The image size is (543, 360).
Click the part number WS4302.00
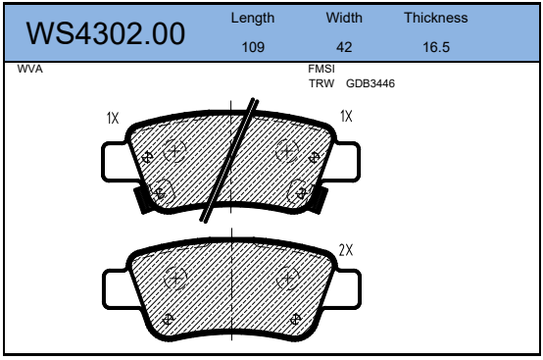click(105, 32)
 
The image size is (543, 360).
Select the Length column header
click(253, 18)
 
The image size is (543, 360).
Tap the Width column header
click(344, 18)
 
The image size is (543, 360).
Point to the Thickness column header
click(435, 18)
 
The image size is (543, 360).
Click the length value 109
click(253, 46)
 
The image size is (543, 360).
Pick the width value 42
click(344, 46)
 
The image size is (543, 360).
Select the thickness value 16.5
click(435, 46)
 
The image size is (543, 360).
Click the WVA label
click(30, 70)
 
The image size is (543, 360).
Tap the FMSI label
click(322, 71)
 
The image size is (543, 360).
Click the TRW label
click(321, 83)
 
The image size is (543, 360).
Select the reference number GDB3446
click(370, 83)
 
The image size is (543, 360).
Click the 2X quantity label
click(345, 250)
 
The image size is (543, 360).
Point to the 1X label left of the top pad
click(113, 118)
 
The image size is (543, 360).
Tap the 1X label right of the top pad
click(345, 117)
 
